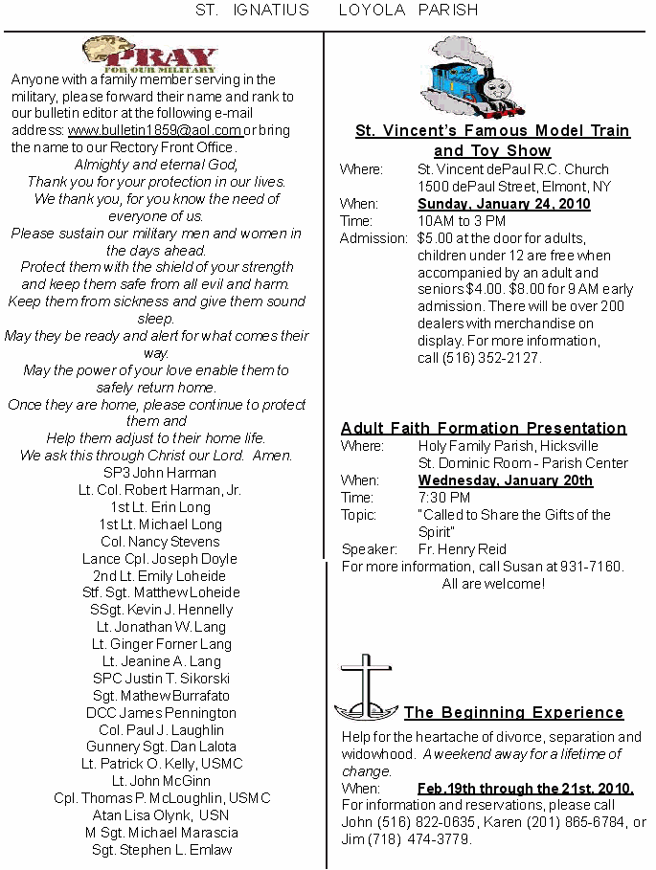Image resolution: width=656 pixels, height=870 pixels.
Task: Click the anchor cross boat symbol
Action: click(366, 689)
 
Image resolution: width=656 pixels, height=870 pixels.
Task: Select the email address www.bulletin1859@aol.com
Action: click(154, 130)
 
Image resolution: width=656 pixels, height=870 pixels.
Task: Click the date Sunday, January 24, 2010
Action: click(504, 204)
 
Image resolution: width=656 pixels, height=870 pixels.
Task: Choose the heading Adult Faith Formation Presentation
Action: click(484, 428)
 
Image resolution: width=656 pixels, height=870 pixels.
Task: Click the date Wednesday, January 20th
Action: click(505, 480)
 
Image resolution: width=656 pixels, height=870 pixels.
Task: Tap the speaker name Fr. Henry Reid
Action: click(463, 549)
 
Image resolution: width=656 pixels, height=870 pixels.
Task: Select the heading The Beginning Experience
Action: click(513, 712)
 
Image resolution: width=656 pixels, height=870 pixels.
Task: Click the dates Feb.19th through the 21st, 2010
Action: click(525, 789)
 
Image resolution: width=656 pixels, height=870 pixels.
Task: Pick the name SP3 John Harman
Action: click(160, 473)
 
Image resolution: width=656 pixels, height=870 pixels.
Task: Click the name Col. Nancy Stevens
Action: click(160, 542)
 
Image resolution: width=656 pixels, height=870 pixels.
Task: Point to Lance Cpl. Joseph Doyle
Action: click(160, 559)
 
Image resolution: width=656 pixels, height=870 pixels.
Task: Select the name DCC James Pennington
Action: click(160, 713)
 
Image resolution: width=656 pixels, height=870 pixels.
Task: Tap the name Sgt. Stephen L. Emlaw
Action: click(160, 850)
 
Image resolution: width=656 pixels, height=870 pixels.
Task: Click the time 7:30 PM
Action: click(443, 498)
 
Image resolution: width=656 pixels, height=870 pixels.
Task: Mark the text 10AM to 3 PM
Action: click(462, 221)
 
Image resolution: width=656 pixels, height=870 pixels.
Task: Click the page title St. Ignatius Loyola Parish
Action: click(336, 11)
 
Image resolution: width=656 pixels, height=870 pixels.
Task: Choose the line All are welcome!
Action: click(493, 584)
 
